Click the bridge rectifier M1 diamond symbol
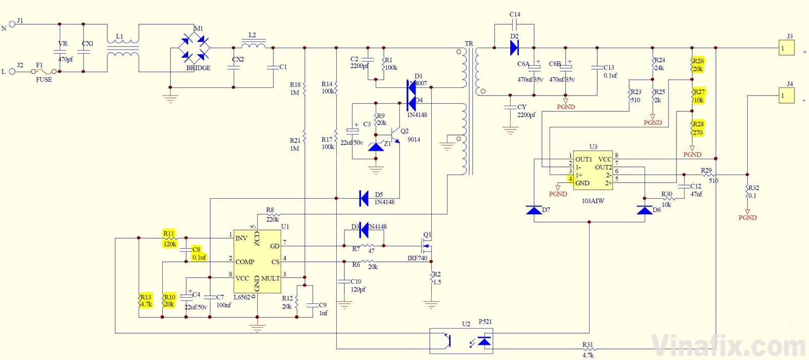194,48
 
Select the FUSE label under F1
44,80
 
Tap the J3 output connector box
786,48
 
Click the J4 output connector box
786,95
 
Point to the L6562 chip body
257,261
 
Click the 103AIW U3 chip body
593,170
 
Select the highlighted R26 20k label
698,65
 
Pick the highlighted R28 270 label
698,128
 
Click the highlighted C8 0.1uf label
198,253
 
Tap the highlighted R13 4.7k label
146,300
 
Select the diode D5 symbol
364,198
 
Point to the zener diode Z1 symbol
376,147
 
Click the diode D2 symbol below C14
514,48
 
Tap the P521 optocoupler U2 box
461,341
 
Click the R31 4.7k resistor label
588,350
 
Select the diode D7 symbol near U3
534,210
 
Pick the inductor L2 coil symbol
253,44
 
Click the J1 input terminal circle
12,24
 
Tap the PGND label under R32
747,217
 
